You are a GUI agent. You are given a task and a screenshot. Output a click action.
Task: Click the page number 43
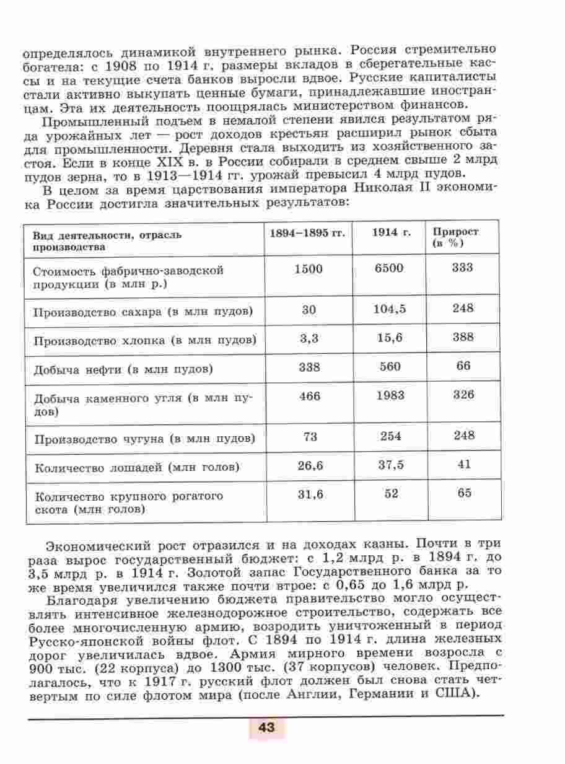[267, 726]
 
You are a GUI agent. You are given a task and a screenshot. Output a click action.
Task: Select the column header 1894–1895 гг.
[307, 233]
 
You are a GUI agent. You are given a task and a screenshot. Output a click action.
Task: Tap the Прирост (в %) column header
[456, 238]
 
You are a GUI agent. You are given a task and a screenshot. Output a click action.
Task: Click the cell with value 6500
[388, 268]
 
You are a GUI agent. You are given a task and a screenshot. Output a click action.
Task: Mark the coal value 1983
[389, 395]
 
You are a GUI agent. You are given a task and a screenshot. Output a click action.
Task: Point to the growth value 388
[463, 338]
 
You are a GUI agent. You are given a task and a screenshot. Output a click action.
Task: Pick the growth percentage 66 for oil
[463, 366]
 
